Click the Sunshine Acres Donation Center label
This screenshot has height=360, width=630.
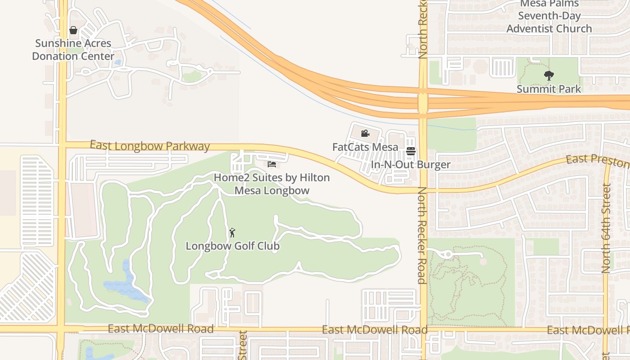pos(73,50)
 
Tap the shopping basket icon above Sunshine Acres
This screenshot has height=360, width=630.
pos(73,30)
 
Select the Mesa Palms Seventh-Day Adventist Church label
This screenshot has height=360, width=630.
pos(549,16)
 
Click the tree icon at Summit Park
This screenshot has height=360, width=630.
pos(549,75)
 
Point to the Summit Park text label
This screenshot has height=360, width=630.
pos(549,89)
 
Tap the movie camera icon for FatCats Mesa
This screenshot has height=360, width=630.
pos(365,134)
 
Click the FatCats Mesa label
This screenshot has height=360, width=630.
pos(365,147)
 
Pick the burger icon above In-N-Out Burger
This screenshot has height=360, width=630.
pos(410,151)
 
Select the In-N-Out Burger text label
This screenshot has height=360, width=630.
pos(410,165)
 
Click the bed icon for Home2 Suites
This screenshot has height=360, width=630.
pos(272,164)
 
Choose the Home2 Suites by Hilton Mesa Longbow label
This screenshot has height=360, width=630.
pos(272,184)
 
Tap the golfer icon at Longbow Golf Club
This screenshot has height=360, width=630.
pos(232,233)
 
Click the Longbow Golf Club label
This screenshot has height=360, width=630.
pos(233,246)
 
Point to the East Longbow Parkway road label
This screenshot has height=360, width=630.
pos(150,146)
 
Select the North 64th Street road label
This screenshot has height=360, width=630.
pos(606,228)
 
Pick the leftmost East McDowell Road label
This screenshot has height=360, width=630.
pos(161,329)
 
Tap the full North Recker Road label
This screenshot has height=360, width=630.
pos(422,235)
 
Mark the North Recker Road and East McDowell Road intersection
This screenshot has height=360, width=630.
pos(423,330)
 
